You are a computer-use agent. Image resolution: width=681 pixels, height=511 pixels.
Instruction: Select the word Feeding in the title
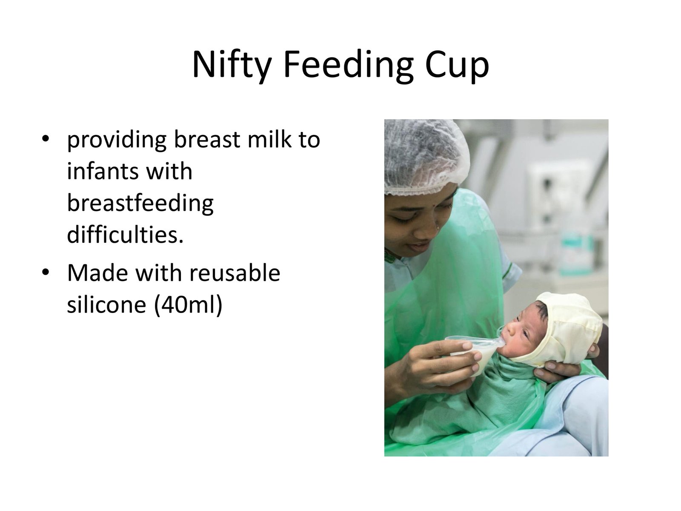point(348,66)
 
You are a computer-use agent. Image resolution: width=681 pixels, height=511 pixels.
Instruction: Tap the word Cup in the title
point(457,66)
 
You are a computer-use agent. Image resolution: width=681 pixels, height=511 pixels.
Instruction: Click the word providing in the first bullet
point(117,140)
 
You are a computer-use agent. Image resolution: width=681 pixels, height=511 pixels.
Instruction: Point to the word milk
point(269,138)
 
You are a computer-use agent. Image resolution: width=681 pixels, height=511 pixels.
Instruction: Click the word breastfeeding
point(140,203)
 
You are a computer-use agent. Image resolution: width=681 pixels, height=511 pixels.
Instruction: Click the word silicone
point(106,304)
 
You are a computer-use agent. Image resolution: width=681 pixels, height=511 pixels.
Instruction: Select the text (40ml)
point(188,306)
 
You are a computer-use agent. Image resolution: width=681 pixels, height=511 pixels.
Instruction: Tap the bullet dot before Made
point(45,273)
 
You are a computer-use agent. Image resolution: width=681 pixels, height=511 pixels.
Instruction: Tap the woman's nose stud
point(438,228)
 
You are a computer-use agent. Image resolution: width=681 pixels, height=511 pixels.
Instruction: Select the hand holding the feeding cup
point(441,366)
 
